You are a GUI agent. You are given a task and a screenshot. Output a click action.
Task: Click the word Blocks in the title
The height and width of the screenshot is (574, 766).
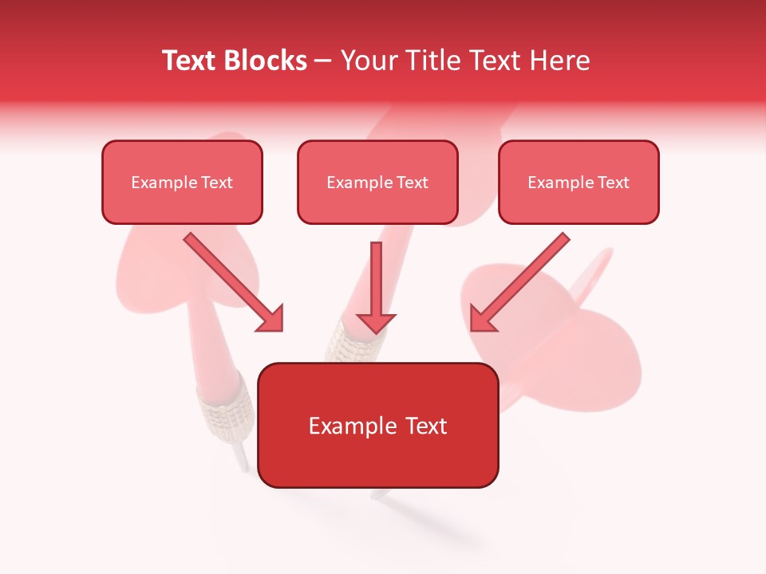click(266, 61)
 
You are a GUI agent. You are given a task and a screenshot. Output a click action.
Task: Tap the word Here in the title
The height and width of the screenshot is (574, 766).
click(558, 61)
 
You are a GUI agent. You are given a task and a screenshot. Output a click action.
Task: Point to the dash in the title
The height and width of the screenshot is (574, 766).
click(323, 61)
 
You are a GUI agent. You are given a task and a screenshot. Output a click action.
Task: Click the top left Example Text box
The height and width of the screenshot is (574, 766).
click(182, 182)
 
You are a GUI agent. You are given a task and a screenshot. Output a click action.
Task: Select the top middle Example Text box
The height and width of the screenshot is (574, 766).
click(377, 182)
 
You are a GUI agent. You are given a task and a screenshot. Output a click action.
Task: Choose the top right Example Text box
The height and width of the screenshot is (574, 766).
click(578, 182)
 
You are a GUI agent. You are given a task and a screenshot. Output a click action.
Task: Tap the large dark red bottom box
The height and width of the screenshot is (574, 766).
click(377, 425)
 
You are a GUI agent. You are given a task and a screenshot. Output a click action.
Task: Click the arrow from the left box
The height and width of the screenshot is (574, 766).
click(231, 281)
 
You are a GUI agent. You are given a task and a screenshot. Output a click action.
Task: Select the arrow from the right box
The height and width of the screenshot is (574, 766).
click(522, 281)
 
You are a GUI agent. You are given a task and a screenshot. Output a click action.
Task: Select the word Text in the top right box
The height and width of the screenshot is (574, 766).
click(613, 183)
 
